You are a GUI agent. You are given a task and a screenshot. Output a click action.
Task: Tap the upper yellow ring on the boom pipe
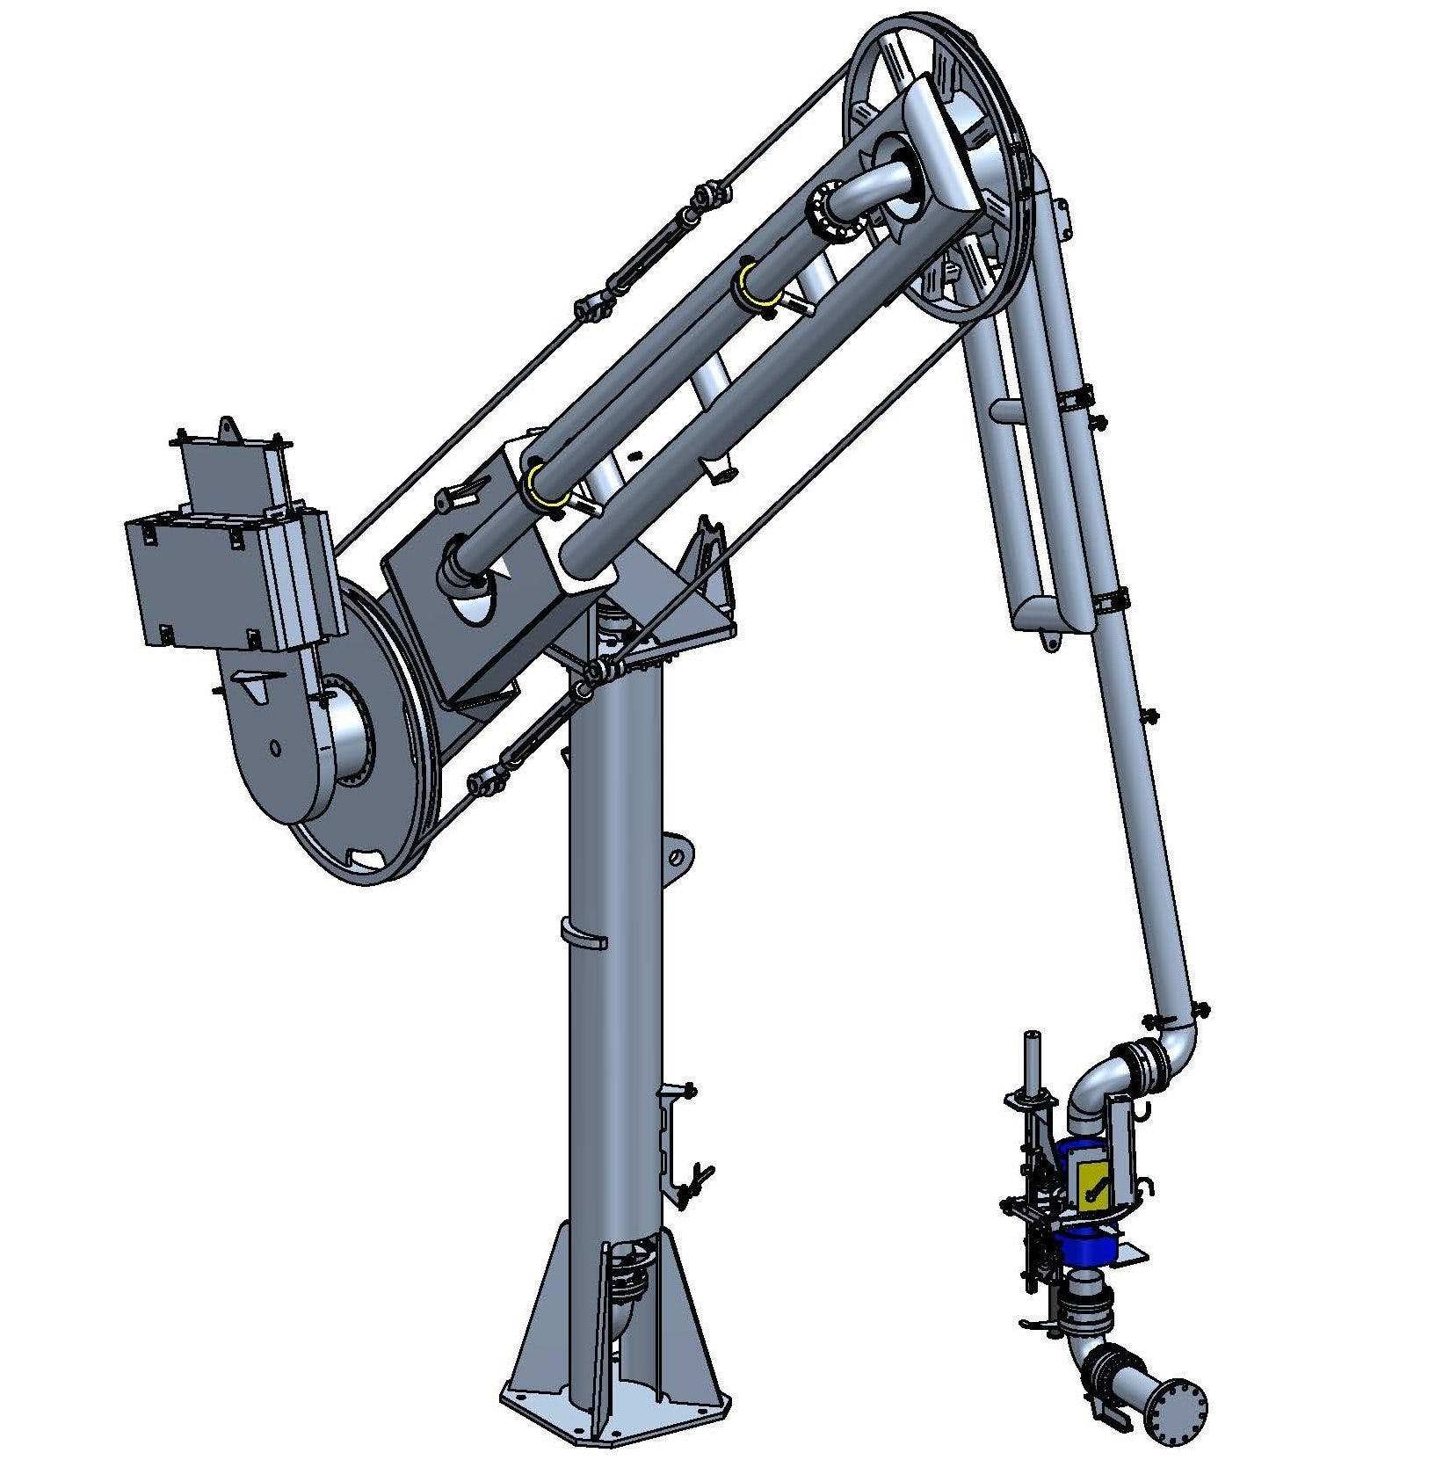tap(753, 281)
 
